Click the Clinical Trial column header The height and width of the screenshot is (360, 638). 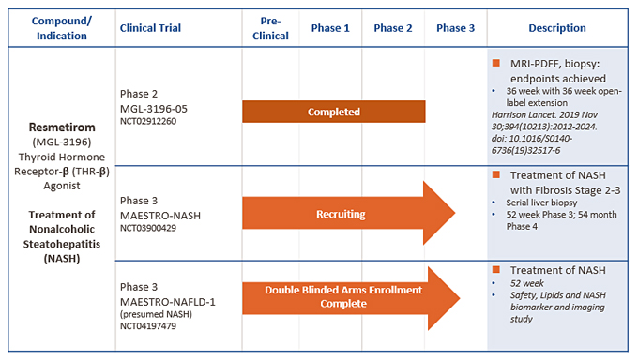point(150,28)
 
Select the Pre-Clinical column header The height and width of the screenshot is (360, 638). point(270,28)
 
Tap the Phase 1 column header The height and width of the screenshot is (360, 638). point(330,28)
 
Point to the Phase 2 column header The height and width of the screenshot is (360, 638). point(392,28)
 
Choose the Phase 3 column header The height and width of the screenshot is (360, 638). point(455,28)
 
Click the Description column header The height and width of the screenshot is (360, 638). point(557,28)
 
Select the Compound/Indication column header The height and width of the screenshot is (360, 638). point(62,28)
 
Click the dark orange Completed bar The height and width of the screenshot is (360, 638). point(334,112)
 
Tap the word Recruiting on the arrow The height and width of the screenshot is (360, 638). point(341,214)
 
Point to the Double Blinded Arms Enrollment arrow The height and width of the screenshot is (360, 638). point(351,298)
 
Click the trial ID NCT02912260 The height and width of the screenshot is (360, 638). point(148,121)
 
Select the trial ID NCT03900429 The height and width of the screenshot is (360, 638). point(148,228)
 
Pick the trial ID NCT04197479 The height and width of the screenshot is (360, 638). point(148,326)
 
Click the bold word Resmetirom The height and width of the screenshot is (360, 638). point(62,127)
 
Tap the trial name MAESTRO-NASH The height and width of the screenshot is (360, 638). point(160,216)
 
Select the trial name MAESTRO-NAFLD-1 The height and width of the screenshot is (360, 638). point(168,302)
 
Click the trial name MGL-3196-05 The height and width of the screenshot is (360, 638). point(154,109)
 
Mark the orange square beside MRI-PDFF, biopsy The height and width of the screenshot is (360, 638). point(496,63)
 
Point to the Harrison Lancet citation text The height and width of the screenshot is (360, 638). point(544,132)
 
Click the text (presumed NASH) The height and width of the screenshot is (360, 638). point(156,314)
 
